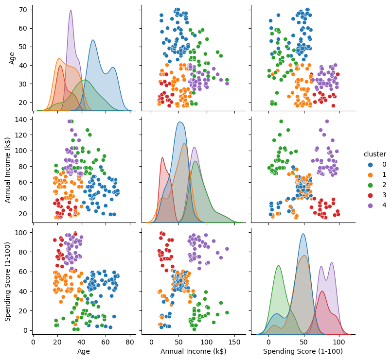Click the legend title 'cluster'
[x=375, y=154]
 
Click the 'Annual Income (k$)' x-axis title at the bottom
[x=194, y=351]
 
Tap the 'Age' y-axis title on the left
[x=13, y=58]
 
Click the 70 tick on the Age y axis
[x=22, y=9]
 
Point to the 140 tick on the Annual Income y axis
[x=20, y=120]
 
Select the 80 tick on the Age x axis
[x=130, y=341]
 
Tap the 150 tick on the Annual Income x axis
[x=234, y=341]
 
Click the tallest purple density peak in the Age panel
[x=71, y=11]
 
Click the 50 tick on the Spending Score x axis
[x=303, y=341]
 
